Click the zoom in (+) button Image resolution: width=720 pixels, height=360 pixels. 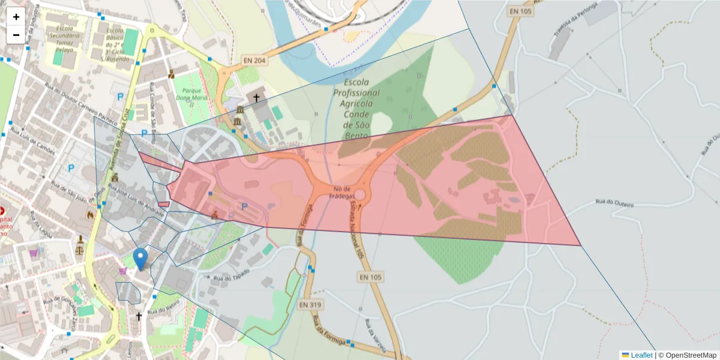pyautogui.click(x=16, y=17)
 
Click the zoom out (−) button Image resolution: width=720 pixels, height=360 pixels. pyautogui.click(x=16, y=35)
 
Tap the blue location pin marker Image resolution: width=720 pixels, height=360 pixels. pyautogui.click(x=140, y=259)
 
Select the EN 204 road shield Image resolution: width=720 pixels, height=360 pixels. pyautogui.click(x=254, y=60)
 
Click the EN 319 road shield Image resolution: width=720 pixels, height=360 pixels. pyautogui.click(x=310, y=305)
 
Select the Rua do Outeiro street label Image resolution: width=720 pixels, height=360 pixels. pyautogui.click(x=614, y=203)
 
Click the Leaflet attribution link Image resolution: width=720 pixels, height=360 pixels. pyautogui.click(x=641, y=355)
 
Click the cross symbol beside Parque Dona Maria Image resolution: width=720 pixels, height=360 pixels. pyautogui.click(x=256, y=97)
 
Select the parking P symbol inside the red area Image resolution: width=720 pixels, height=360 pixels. pyautogui.click(x=244, y=206)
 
